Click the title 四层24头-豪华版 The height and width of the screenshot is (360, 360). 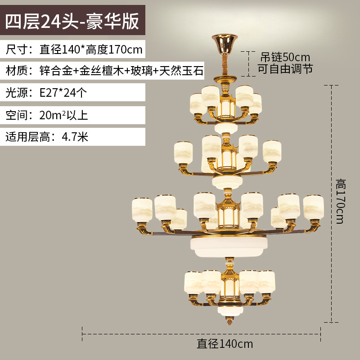click(72, 22)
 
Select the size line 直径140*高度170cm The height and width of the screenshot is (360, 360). click(74, 49)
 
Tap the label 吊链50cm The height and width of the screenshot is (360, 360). click(285, 58)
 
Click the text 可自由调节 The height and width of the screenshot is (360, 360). click(285, 69)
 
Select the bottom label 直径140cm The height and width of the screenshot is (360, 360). click(225, 345)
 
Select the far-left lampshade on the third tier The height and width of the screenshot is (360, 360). click(141, 209)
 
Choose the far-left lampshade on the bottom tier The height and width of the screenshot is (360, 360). click(193, 282)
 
